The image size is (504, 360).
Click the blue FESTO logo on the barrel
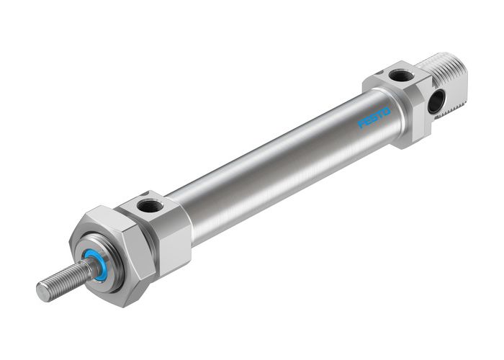(x=374, y=118)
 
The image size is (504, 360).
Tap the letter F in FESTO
(x=362, y=124)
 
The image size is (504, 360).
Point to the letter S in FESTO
(x=374, y=118)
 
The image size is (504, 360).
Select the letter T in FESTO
(x=379, y=115)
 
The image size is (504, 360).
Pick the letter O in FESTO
(x=386, y=112)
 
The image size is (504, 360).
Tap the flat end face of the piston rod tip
(x=42, y=292)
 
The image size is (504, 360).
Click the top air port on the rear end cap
(x=400, y=74)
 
